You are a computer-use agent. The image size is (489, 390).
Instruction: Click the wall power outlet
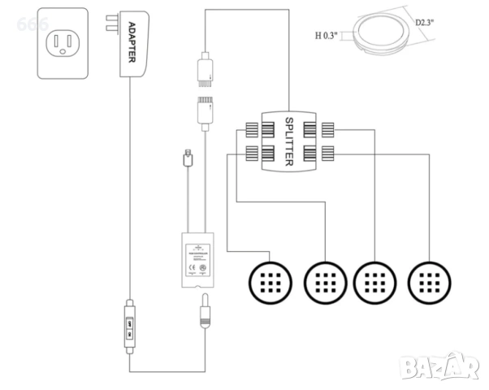click(63, 43)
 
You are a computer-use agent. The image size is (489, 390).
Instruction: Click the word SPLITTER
click(288, 141)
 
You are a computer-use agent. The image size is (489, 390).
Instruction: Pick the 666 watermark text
click(32, 24)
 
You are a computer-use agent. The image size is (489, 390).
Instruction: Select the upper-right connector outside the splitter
click(327, 128)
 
